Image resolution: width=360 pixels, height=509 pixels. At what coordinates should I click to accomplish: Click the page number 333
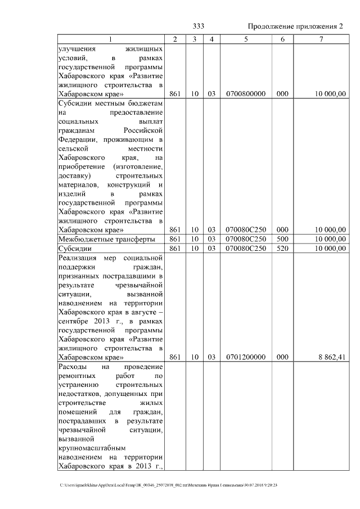pos(199,26)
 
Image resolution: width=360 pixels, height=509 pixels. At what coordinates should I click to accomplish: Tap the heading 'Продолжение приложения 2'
pos(295,26)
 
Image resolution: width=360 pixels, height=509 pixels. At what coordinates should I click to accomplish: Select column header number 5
pos(245,39)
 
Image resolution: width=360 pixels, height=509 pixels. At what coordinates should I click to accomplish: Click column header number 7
pos(321,39)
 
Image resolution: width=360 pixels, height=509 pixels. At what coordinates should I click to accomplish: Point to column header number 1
pos(110,39)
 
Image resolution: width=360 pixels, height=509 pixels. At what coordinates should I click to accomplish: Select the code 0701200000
pos(245,357)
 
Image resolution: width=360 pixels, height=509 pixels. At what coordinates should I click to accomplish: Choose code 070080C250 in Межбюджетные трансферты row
pos(245,239)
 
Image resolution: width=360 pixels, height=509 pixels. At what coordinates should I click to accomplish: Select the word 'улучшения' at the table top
pos(77,49)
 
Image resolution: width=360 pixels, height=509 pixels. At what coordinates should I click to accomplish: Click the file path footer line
pos(169,485)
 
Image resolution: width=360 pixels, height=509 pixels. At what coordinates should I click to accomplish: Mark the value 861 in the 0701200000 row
pos(174,357)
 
